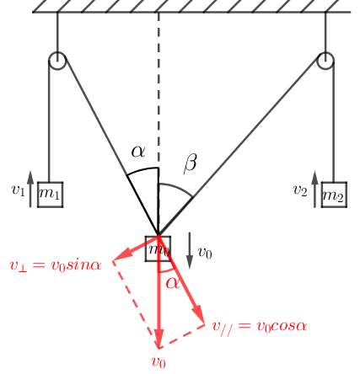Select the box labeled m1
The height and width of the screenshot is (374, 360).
51,195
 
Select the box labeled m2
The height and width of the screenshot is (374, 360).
334,195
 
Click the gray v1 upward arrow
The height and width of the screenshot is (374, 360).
30,190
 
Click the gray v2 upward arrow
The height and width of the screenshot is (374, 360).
314,190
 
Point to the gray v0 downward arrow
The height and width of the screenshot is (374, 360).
190,250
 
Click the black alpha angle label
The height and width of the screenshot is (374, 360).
138,152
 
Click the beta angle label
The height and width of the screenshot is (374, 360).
191,163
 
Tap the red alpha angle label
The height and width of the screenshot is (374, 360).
173,283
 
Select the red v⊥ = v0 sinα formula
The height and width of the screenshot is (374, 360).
56,265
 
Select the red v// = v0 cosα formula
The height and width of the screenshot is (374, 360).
260,327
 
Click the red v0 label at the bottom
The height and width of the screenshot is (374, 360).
159,362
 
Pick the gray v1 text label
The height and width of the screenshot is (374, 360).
19,190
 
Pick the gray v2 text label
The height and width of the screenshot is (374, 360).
300,190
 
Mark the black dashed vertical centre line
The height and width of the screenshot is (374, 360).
159,90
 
